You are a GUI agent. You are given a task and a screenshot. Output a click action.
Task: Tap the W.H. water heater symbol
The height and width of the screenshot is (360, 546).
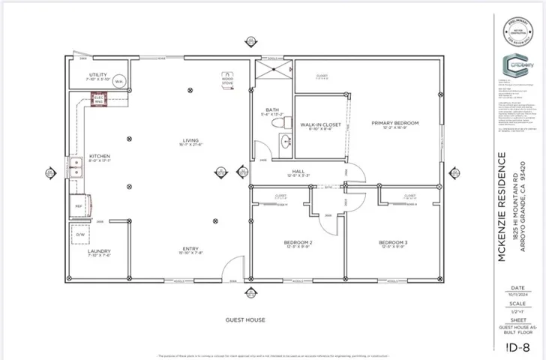point(118,82)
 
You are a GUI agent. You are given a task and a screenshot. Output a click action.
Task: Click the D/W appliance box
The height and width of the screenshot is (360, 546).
point(81,235)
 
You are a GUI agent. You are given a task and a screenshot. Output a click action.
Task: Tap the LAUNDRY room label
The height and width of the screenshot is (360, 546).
point(99,253)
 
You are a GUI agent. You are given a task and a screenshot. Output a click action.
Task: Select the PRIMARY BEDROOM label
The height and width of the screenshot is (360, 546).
point(395,124)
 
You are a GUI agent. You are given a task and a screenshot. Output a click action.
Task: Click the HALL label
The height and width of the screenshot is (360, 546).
point(298,172)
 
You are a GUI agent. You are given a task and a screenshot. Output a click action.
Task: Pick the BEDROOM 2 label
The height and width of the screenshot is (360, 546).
point(298,244)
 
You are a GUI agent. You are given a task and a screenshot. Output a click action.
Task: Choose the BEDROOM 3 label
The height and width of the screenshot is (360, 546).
point(393,244)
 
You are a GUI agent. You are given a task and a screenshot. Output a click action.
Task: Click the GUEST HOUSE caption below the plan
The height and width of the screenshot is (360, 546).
point(245,320)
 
